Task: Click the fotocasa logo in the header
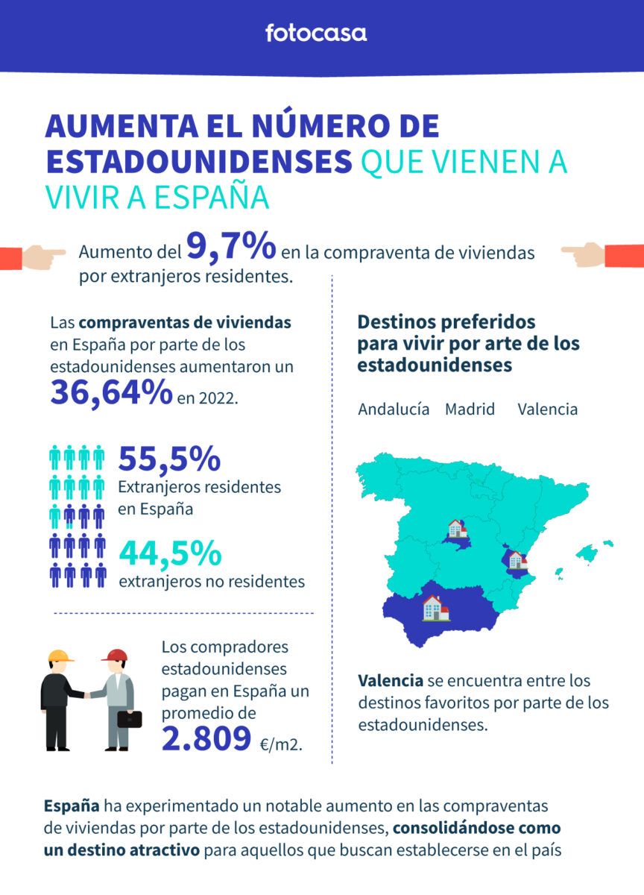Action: (x=316, y=33)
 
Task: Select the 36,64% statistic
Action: (x=111, y=392)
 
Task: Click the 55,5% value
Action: (x=169, y=459)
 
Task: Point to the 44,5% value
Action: (x=170, y=554)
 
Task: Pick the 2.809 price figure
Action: (x=206, y=738)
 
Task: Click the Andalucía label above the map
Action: (x=394, y=409)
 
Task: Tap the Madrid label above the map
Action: (x=470, y=409)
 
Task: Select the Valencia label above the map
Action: (x=547, y=409)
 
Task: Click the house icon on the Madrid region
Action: (x=455, y=530)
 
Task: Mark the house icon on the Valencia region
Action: (x=516, y=560)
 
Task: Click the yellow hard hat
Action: (x=60, y=656)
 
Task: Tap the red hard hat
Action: (x=115, y=656)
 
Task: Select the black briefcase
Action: (x=129, y=719)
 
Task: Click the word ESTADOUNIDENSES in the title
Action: (x=198, y=162)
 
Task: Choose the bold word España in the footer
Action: (x=72, y=806)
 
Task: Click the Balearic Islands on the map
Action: (x=587, y=553)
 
